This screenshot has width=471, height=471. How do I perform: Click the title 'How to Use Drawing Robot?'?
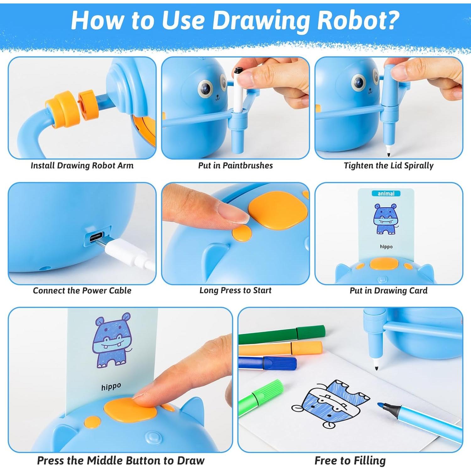pos(235,20)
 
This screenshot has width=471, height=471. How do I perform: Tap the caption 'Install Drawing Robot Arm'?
pos(82,165)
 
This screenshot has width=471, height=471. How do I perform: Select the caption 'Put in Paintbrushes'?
pos(235,165)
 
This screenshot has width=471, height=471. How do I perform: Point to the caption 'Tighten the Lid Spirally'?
pos(388,165)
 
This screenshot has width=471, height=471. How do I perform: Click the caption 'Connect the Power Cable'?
pos(82,290)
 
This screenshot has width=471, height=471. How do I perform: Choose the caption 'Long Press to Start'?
pos(235,290)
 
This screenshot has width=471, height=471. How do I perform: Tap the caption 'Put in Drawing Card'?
pos(388,290)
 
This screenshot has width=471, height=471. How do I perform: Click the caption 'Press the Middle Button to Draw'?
pos(121,460)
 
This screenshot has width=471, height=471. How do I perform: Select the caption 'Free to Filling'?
pos(350,460)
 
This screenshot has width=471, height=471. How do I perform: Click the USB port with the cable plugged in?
pos(97,236)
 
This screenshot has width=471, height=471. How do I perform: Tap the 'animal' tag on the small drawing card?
pos(386,193)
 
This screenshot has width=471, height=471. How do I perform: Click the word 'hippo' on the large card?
pos(111,387)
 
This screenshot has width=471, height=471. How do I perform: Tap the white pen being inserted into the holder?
pos(238,91)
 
